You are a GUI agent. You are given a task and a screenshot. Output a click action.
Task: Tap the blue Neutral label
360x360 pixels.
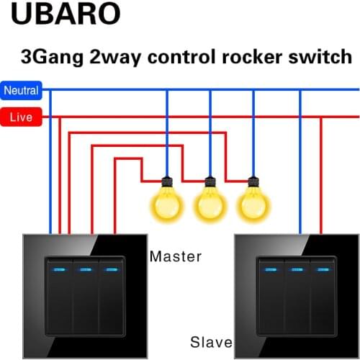point(21,91)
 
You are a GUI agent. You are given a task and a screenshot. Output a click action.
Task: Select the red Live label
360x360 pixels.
point(21,117)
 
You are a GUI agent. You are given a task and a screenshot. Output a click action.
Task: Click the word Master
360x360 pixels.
point(175,256)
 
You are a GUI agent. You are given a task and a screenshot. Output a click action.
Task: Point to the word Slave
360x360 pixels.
point(210,341)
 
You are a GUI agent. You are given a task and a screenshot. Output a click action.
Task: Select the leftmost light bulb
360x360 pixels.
point(166,202)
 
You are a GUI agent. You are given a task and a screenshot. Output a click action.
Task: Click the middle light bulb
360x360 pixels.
point(210,202)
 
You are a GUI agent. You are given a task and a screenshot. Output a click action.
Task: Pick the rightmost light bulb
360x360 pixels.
point(252,202)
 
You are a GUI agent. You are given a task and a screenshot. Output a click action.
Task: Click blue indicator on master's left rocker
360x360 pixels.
point(59,270)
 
